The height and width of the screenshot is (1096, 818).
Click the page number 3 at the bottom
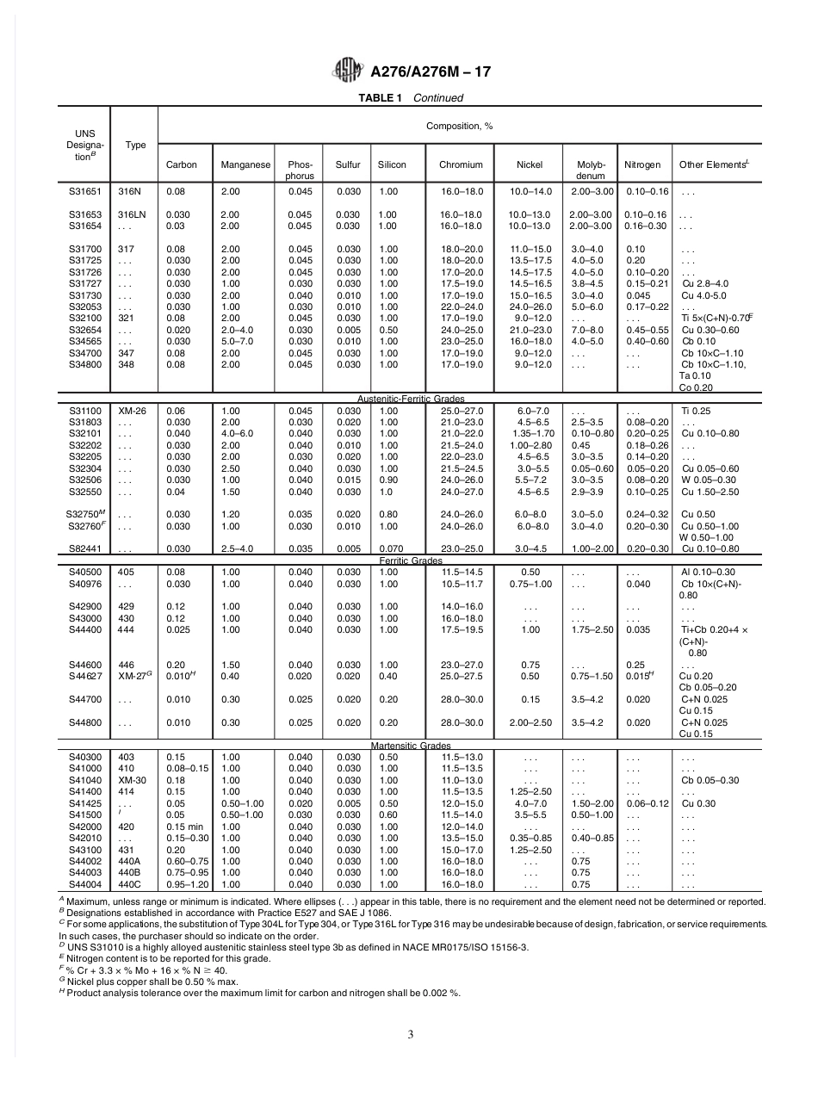point(410,1034)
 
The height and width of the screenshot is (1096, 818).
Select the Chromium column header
point(461,164)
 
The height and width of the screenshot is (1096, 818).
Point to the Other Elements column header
point(714,164)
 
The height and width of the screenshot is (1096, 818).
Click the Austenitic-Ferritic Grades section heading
point(411,399)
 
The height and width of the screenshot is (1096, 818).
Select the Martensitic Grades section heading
point(411,746)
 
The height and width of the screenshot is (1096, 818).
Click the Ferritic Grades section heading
point(411,561)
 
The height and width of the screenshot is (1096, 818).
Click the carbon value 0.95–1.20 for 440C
point(187,884)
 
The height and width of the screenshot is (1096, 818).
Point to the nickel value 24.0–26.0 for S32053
point(530,307)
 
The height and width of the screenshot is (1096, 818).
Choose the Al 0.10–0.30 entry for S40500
point(708,572)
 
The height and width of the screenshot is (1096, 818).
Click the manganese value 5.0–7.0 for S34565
point(236,342)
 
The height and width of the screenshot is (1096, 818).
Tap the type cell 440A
point(130,861)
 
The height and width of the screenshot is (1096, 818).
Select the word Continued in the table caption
point(438,98)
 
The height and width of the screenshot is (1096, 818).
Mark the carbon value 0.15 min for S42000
point(183,827)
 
